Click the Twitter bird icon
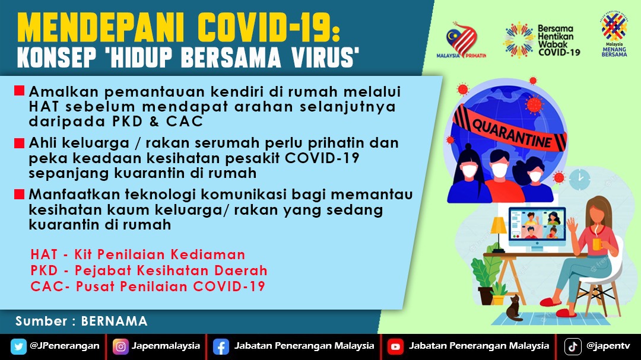[x=18, y=346]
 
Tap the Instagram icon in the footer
[x=120, y=346]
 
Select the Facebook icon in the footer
[x=221, y=347]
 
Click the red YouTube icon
[x=395, y=347]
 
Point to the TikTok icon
[x=573, y=347]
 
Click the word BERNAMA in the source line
[x=114, y=321]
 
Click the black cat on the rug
[x=514, y=308]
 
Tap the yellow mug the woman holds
[x=597, y=244]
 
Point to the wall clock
[x=580, y=180]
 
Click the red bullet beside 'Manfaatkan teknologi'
[x=19, y=194]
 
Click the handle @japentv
[x=608, y=346]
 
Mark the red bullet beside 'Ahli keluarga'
[x=19, y=143]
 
